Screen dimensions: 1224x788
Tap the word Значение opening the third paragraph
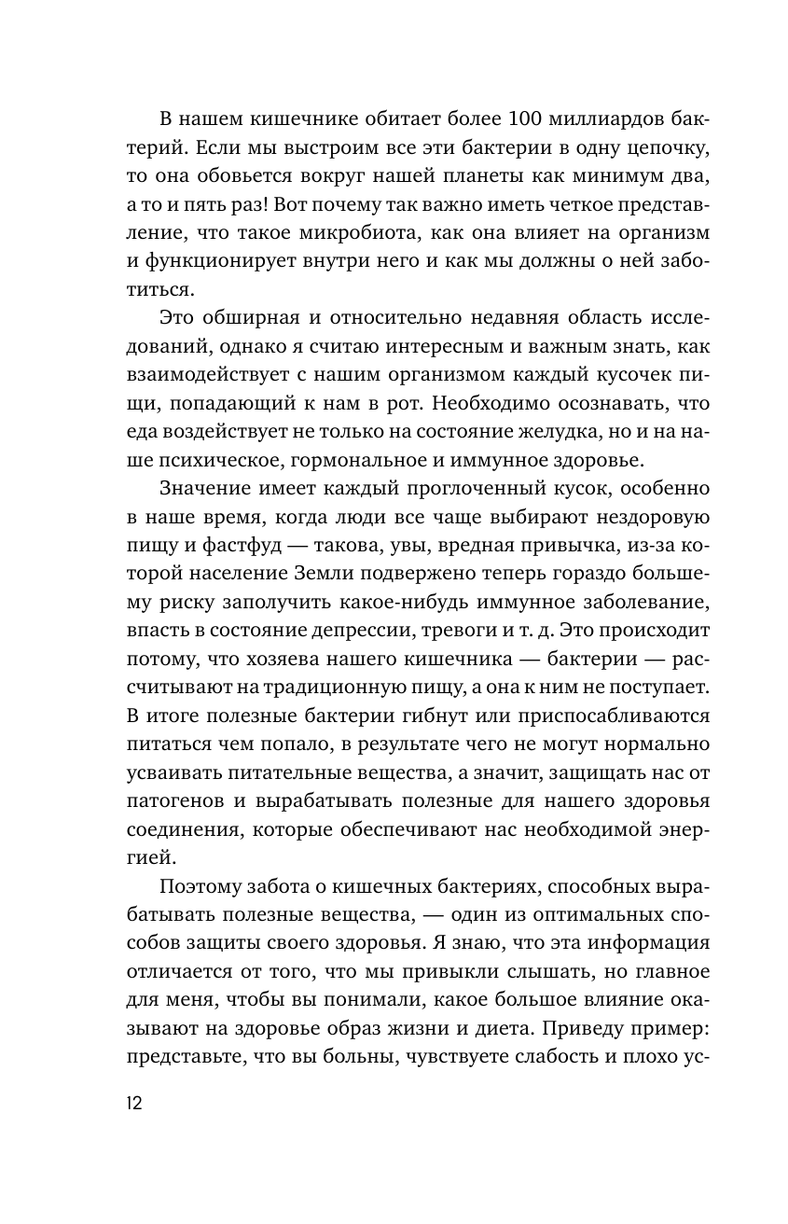click(207, 489)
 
